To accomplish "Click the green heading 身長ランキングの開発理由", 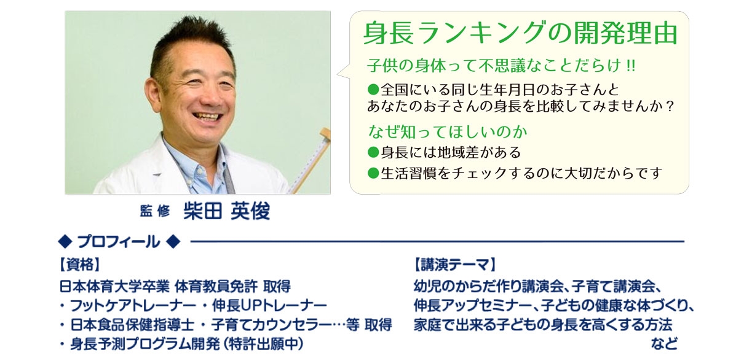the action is (x=520, y=33).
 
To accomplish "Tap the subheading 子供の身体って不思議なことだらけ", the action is (x=494, y=65).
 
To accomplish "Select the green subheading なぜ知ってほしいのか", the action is (x=448, y=131).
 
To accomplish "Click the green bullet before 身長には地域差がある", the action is (x=373, y=152).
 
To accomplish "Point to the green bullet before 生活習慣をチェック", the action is (x=373, y=173).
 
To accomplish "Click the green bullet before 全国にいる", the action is (x=373, y=90).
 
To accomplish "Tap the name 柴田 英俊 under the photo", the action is (x=227, y=211).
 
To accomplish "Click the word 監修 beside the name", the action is (x=155, y=211).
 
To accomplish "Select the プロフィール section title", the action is (x=119, y=242).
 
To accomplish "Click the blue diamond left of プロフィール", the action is (x=65, y=242).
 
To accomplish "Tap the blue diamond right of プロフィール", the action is (x=173, y=242).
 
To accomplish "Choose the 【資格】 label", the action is (x=80, y=265).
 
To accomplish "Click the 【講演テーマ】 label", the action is (x=455, y=265).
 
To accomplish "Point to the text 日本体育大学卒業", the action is (x=114, y=287).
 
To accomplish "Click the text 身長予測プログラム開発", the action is (x=144, y=344).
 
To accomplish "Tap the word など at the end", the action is (x=664, y=344).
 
